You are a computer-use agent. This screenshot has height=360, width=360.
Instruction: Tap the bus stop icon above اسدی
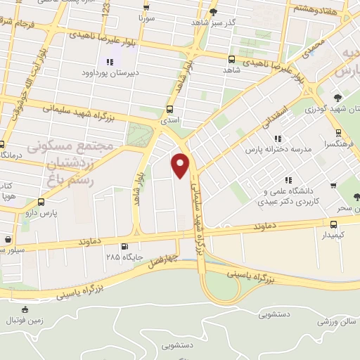point(169,110)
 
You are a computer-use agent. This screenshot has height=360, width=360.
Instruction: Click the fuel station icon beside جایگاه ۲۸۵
point(124,247)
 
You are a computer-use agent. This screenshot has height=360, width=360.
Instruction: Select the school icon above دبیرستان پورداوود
point(110,62)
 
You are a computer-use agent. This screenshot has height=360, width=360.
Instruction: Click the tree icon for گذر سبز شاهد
point(213,11)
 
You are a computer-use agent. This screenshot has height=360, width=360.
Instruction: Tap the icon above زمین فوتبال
point(25,309)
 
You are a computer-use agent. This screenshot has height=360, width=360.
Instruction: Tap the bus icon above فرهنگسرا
point(338,132)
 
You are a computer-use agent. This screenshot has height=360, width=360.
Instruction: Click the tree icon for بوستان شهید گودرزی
point(338,98)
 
